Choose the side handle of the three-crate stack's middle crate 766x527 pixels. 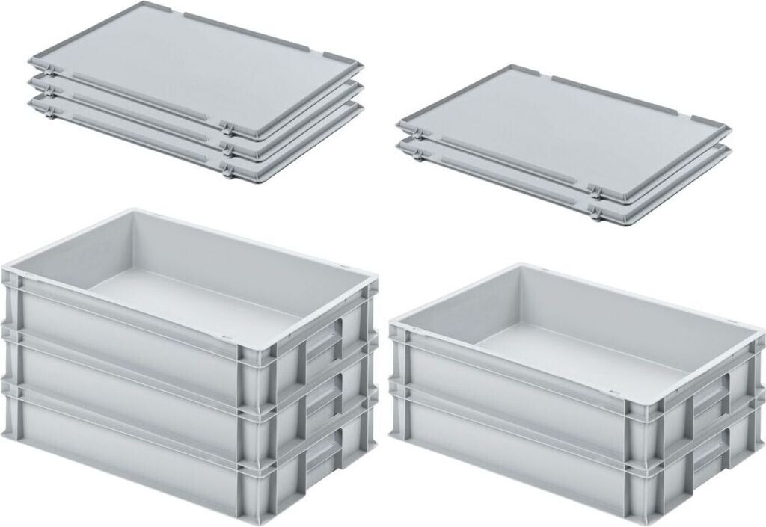click(323, 396)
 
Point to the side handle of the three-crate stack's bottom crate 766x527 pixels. click(323, 452)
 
